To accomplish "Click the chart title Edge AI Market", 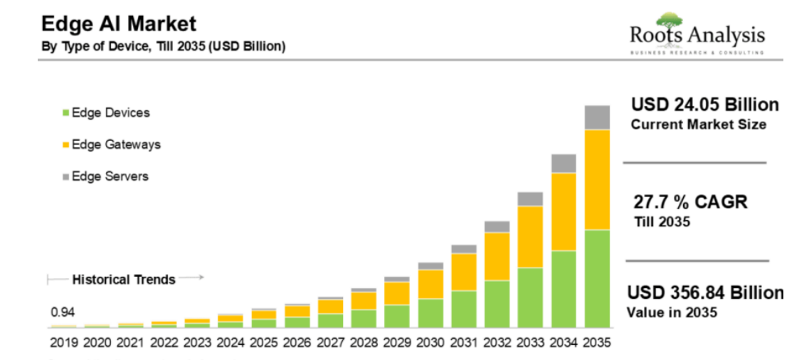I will tap(118, 24).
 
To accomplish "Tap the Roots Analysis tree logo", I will tap(668, 21).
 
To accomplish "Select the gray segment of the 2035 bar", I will tap(597, 117).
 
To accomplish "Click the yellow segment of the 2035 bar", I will tap(597, 179).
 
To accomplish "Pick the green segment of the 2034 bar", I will tap(564, 289).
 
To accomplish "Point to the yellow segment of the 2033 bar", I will tap(530, 236).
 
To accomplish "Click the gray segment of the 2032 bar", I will tap(497, 226).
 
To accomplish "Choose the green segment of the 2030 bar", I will tap(430, 313).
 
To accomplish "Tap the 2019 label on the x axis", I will tap(65, 343).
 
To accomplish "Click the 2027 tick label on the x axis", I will tap(330, 343).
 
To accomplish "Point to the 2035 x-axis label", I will tap(596, 343).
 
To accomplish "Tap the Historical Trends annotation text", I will tap(124, 280).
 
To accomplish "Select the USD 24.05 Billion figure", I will tap(704, 105).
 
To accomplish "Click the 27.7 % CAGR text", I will tap(690, 202).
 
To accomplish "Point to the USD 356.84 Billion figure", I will tap(704, 293).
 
